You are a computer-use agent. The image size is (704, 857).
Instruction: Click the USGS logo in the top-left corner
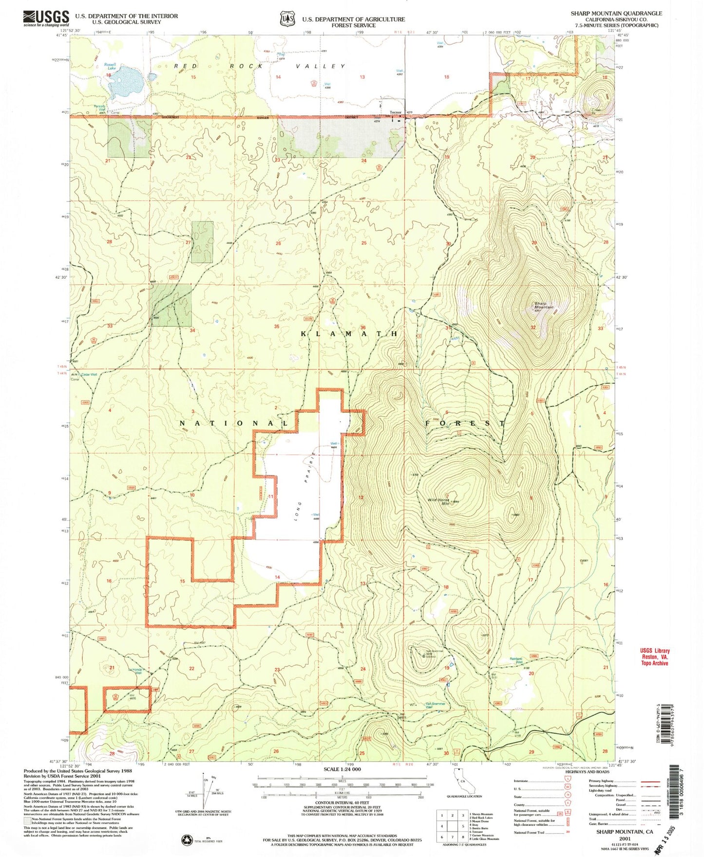[x=46, y=19]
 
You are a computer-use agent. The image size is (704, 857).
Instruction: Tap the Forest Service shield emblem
[x=287, y=19]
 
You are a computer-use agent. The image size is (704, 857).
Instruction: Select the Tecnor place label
[x=396, y=112]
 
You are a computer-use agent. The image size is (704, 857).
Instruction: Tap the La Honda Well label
[x=135, y=671]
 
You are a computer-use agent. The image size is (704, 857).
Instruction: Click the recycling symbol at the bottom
[x=187, y=839]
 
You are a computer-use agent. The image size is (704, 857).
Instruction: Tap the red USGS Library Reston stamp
[x=654, y=657]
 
